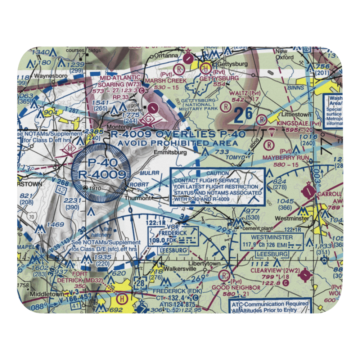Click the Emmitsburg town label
click(170, 152)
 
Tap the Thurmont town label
click(137, 198)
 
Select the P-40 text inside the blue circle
click(100, 163)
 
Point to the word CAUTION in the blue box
click(217, 173)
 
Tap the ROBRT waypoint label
click(139, 184)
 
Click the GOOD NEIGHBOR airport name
click(236, 287)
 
